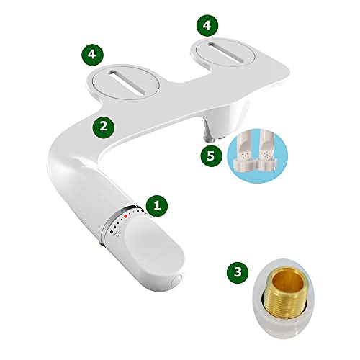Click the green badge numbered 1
click(x=157, y=206)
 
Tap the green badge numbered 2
click(x=104, y=127)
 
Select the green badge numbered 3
click(x=238, y=272)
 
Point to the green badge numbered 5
click(x=211, y=156)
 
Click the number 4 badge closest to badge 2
click(x=92, y=54)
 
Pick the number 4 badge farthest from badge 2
click(x=207, y=25)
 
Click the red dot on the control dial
click(x=125, y=217)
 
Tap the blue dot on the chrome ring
click(x=122, y=211)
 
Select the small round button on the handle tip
click(x=177, y=280)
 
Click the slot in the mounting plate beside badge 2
click(x=127, y=82)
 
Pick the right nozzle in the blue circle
click(x=266, y=151)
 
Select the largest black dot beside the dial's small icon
click(x=112, y=232)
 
